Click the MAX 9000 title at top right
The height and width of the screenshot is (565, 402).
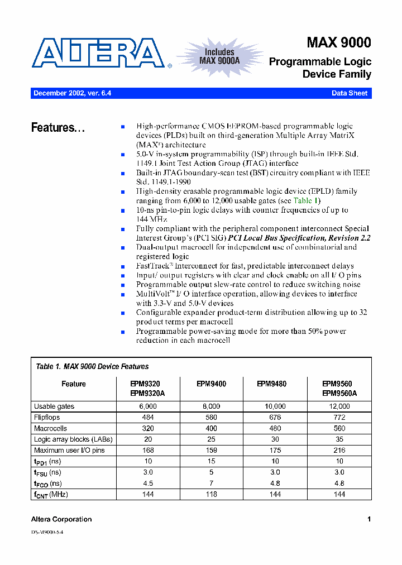pos(338,43)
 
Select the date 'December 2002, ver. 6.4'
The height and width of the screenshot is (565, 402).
pos(72,93)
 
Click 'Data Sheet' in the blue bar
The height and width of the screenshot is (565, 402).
pos(350,93)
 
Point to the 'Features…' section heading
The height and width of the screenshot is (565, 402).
pos(58,128)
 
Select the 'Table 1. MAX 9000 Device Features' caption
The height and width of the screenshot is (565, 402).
pos(92,367)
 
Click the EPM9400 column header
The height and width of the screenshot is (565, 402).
pos(211,384)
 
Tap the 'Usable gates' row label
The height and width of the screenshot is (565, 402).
pos(54,406)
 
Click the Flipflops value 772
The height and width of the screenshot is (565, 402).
pos(339,417)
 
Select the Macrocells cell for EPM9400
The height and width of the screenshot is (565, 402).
pos(211,428)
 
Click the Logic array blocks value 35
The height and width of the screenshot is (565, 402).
pos(339,439)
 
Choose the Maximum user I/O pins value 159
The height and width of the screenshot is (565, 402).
pos(211,450)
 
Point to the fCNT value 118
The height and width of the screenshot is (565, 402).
pos(211,494)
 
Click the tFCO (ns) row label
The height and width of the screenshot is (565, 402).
pos(48,483)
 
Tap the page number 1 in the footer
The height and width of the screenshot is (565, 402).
pos(369,519)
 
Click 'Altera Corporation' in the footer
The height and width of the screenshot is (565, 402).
pos(61,519)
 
